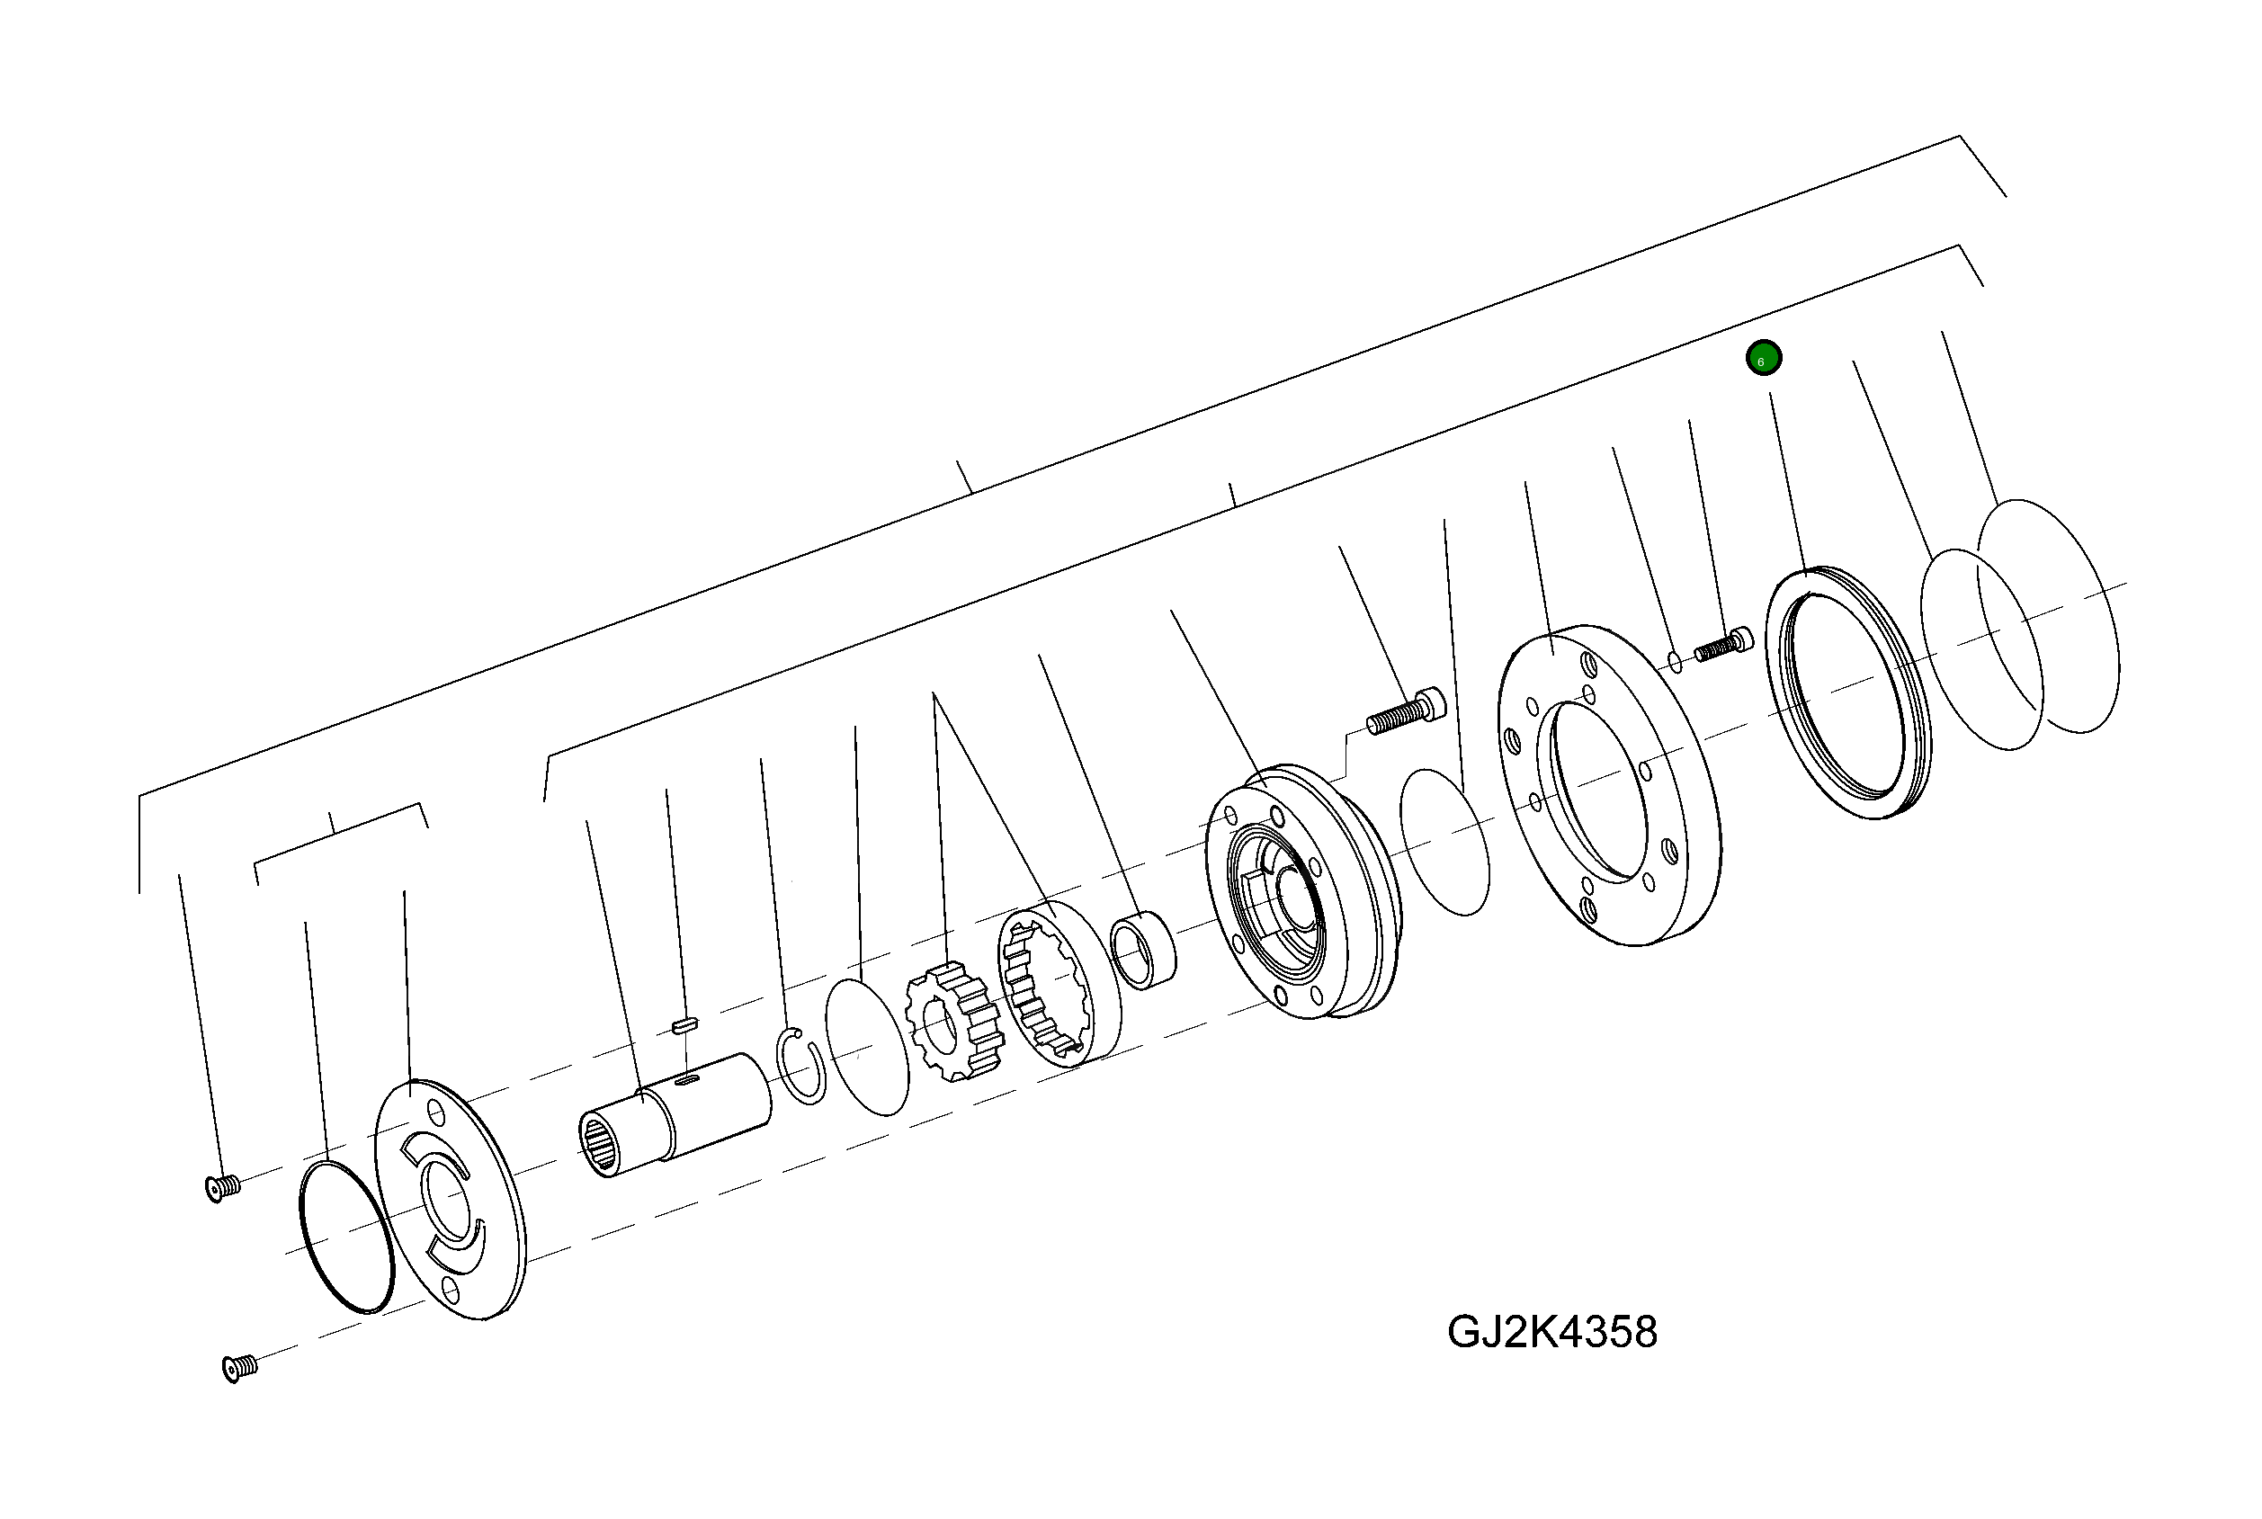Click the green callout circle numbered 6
(1763, 359)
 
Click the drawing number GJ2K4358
(1551, 1333)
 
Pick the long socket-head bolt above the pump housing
(1406, 711)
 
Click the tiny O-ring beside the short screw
(1675, 662)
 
